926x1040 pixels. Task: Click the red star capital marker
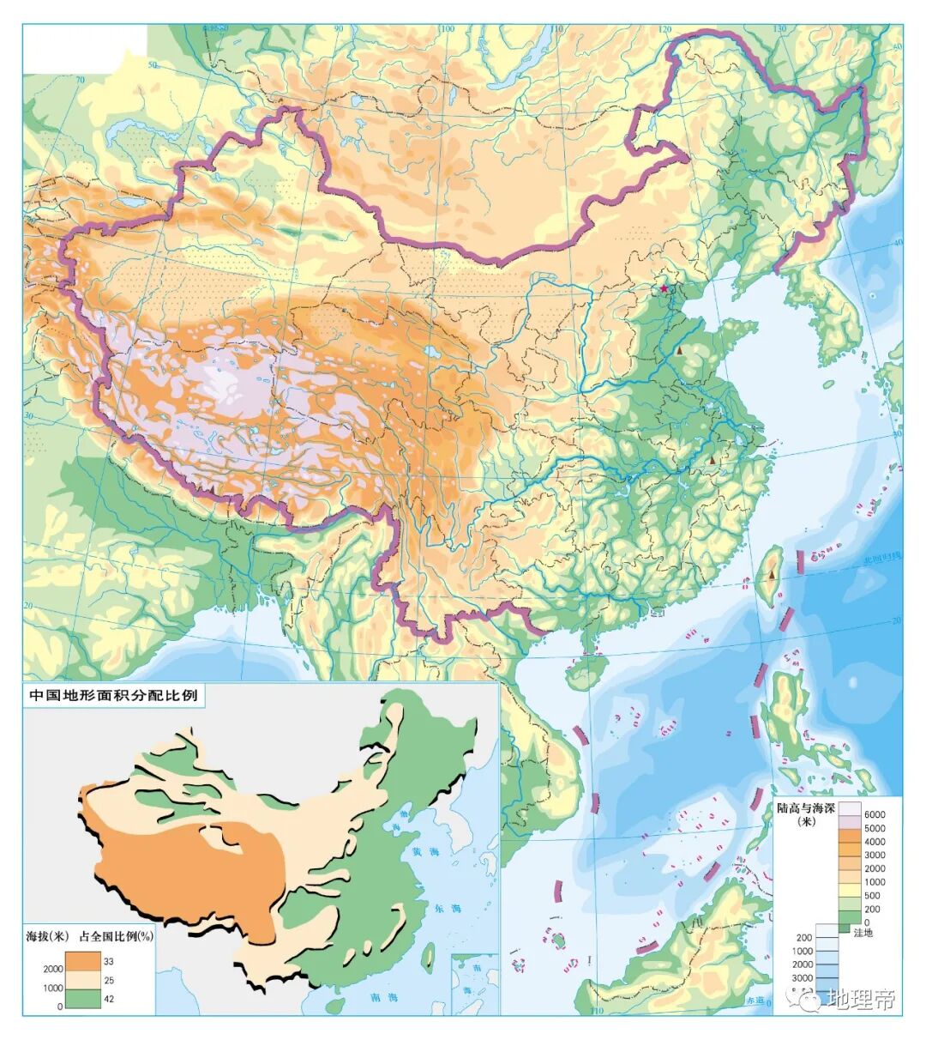coord(663,289)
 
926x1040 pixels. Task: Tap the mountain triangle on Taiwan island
coord(772,573)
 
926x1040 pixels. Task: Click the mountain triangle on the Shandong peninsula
coord(679,351)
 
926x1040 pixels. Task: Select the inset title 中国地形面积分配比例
coord(114,695)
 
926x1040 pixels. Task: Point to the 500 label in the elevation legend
coord(871,896)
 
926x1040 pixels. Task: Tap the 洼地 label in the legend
coord(863,933)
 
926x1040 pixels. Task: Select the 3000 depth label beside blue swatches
coord(802,978)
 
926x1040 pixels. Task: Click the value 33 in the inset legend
coord(109,961)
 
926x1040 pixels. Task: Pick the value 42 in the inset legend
coord(109,999)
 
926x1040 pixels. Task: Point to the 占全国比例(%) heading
coord(116,936)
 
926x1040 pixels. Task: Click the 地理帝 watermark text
coord(862,1000)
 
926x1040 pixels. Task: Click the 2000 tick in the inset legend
coord(53,969)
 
